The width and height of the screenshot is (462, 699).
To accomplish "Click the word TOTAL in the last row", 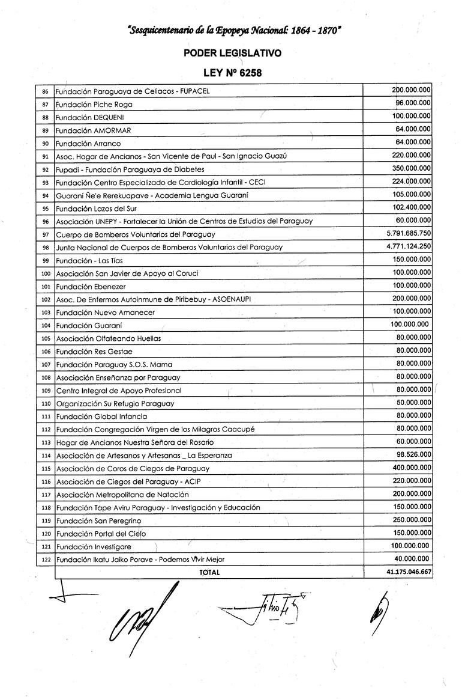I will click(209, 573).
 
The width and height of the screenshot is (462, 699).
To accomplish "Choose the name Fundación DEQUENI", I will click(89, 117).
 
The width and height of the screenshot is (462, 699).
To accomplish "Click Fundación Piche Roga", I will click(94, 105).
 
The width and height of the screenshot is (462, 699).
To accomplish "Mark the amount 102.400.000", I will click(410, 208).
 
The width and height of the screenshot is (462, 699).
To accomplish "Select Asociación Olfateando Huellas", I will click(109, 338).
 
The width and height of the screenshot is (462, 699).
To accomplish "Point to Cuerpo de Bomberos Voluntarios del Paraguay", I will click(136, 234).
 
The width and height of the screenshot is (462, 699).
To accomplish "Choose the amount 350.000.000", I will click(410, 169).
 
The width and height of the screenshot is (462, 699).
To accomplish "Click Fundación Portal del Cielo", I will click(101, 534).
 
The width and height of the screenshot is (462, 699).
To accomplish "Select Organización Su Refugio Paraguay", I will click(115, 403).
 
